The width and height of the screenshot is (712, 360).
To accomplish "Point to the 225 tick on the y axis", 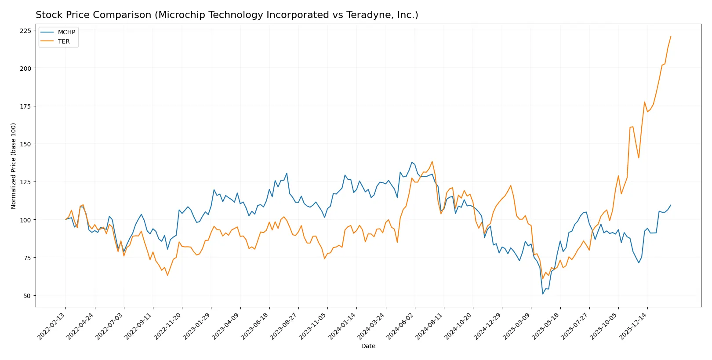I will click(x=25, y=31).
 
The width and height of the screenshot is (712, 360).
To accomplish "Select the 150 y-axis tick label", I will click(x=25, y=144).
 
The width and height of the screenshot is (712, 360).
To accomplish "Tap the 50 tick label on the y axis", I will click(x=27, y=296).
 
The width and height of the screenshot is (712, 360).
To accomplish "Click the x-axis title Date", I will click(x=368, y=346).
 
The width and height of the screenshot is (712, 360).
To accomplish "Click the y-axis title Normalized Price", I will click(x=14, y=166).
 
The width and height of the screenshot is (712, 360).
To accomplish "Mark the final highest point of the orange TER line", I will click(x=671, y=36).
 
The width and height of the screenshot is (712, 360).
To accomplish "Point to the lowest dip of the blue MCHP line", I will click(x=543, y=294).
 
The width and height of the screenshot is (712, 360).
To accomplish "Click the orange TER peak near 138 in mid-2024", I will click(x=432, y=161).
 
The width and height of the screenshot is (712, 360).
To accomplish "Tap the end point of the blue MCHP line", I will click(x=671, y=205).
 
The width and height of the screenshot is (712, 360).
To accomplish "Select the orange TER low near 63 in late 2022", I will click(x=167, y=275).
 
